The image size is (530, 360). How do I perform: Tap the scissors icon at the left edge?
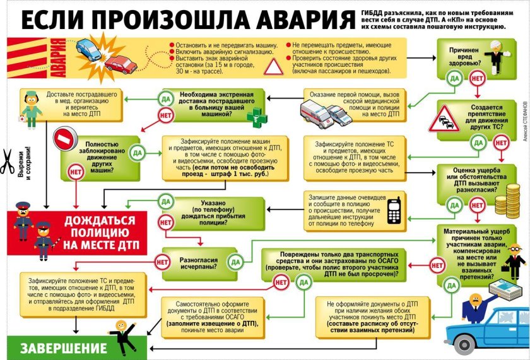pos(8,161)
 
